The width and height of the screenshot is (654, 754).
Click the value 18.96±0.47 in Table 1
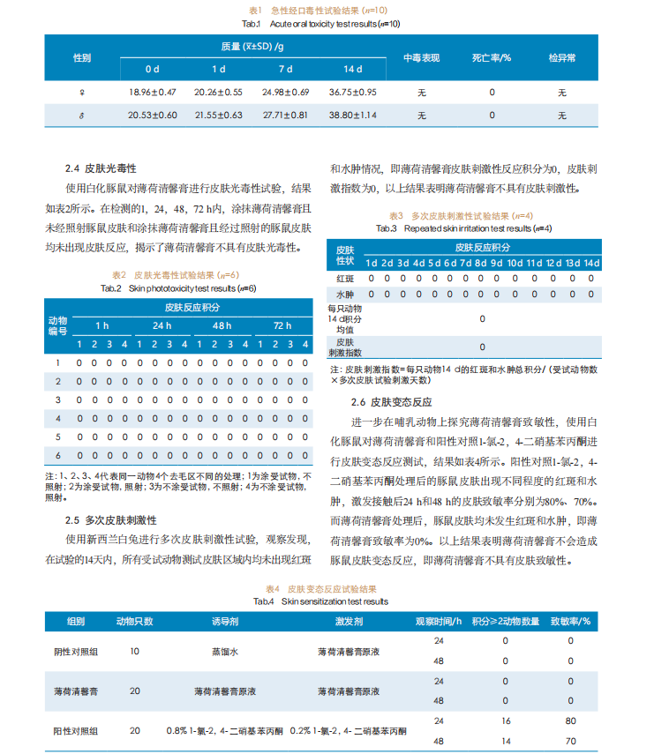tap(153, 92)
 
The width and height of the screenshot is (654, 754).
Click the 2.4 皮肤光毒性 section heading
tap(105, 168)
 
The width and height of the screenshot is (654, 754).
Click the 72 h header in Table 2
tap(282, 326)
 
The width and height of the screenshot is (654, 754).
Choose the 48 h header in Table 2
tap(222, 326)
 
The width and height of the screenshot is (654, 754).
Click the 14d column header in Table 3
tap(591, 263)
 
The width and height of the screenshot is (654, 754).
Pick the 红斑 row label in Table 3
tap(344, 279)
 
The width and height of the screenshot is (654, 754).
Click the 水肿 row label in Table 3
tap(344, 294)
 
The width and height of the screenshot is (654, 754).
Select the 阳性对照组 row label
tap(76, 731)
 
